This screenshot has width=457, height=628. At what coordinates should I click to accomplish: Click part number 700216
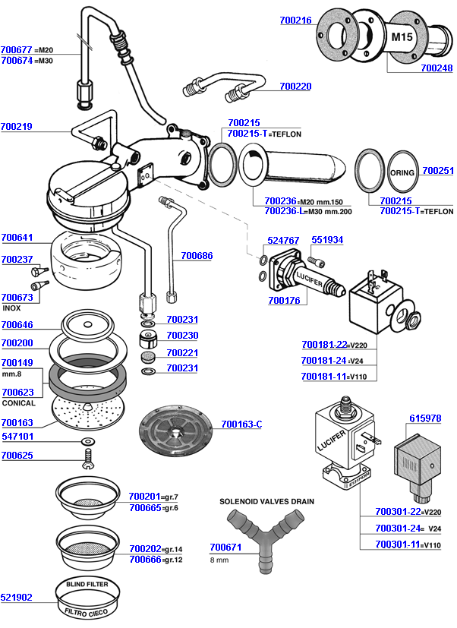click(295, 20)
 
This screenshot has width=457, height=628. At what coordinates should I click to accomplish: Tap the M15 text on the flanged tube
click(402, 37)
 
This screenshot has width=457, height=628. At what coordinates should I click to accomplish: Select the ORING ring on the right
click(402, 172)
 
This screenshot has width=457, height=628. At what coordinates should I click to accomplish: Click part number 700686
click(197, 255)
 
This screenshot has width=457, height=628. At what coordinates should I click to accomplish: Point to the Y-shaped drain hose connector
click(265, 539)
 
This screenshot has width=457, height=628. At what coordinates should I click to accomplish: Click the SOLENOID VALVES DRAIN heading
click(266, 501)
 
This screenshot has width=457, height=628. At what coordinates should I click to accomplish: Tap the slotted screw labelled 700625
click(89, 459)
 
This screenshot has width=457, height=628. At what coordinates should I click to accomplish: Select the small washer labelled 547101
click(88, 441)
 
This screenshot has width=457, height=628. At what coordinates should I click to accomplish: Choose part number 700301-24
click(397, 529)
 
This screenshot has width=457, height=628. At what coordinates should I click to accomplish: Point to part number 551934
click(327, 239)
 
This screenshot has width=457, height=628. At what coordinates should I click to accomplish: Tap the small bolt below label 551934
click(317, 261)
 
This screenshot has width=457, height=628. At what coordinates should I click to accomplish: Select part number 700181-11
click(323, 377)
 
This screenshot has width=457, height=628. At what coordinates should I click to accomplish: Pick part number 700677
click(17, 49)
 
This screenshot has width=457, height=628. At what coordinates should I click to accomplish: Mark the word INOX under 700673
click(11, 308)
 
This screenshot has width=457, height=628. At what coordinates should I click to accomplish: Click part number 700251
click(438, 171)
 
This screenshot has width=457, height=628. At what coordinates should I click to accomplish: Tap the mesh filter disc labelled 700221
click(148, 356)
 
